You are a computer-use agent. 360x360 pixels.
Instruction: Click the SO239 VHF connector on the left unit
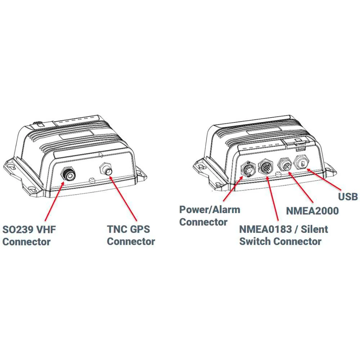68,175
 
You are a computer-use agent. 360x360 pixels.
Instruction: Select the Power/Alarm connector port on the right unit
248,170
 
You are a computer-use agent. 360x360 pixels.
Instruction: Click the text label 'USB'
348,197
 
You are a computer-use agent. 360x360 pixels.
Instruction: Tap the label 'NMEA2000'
312,211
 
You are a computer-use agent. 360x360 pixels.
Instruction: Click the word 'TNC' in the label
117,229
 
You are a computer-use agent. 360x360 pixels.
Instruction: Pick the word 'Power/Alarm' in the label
210,210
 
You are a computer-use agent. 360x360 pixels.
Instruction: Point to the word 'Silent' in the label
314,229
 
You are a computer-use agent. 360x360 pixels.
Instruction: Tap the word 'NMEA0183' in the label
266,229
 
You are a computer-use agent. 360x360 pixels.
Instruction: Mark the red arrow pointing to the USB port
324,180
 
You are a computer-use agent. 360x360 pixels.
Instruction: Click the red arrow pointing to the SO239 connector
54,201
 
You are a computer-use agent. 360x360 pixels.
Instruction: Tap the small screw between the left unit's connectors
91,180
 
